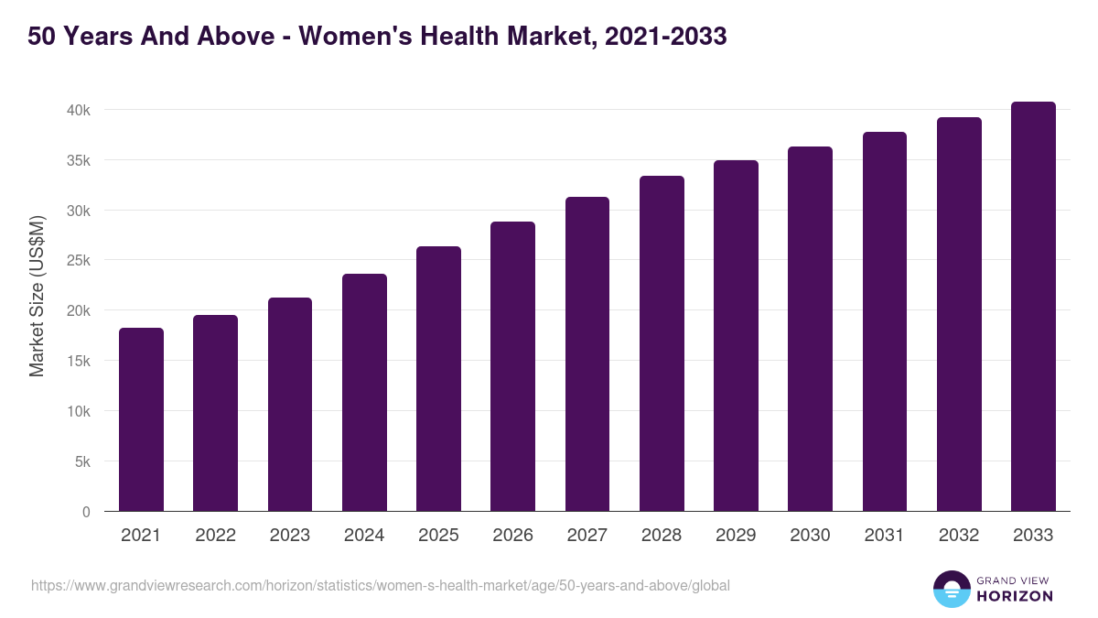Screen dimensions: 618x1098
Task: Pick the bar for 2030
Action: click(810, 329)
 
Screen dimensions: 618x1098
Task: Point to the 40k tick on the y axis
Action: click(78, 110)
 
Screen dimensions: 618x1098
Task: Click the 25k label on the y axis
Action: click(78, 261)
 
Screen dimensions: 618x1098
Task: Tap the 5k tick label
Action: click(82, 461)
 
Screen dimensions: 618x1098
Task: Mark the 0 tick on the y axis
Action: click(86, 512)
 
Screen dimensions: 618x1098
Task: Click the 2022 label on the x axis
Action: click(215, 536)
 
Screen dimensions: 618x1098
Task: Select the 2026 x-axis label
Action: click(512, 536)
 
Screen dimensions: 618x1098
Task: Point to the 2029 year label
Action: click(736, 536)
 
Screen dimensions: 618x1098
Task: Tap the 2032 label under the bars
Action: click(959, 536)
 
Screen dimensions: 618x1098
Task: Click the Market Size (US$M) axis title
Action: click(37, 297)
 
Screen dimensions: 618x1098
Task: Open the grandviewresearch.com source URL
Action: click(380, 585)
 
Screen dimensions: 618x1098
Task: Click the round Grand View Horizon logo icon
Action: click(952, 589)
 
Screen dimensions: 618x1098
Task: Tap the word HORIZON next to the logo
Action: click(1015, 596)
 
